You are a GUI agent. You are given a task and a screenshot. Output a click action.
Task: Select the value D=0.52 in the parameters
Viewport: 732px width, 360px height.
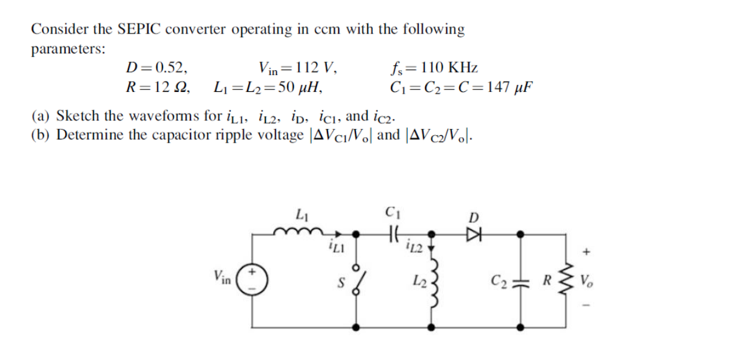(x=153, y=68)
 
